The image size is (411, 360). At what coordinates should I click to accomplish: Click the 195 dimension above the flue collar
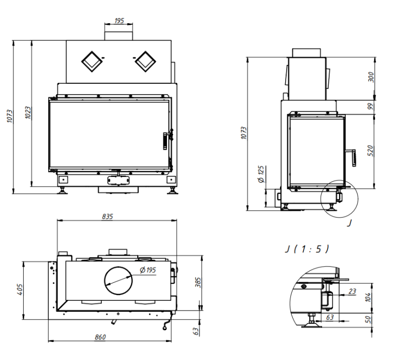point(119,21)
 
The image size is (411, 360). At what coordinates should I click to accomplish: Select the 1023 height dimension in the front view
point(28,113)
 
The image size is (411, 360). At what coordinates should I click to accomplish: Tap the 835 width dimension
point(107,217)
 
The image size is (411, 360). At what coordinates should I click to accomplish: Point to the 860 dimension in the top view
point(100,337)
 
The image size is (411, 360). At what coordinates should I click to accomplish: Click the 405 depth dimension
point(20,290)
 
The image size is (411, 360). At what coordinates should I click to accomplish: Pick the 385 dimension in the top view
point(198,282)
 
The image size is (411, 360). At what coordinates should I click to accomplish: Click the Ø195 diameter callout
point(148,270)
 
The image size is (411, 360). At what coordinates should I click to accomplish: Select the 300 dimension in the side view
point(371,77)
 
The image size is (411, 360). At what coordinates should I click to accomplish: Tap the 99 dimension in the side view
point(370,106)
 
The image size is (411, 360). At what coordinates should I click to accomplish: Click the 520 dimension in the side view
point(370,151)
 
